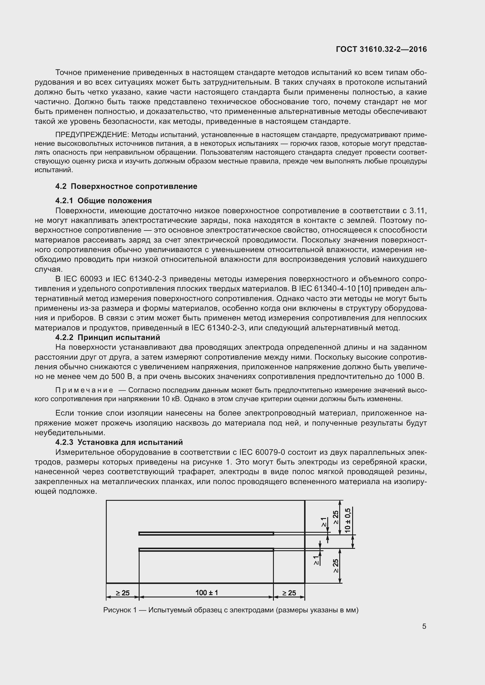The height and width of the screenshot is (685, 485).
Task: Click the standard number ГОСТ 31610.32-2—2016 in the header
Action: [x=381, y=49]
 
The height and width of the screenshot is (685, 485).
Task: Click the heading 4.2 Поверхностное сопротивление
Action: [x=126, y=187]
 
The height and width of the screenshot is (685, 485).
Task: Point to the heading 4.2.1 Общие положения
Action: [x=104, y=201]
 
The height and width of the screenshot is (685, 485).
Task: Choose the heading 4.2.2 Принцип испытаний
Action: [x=108, y=337]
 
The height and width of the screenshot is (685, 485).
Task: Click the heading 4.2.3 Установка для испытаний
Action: [x=119, y=442]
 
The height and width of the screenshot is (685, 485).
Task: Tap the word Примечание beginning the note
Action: [x=84, y=390]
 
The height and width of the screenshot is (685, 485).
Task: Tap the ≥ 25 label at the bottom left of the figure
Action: [x=123, y=593]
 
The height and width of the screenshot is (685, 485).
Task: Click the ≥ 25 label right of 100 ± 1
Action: [x=289, y=593]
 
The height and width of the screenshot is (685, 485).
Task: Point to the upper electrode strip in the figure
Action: [x=206, y=533]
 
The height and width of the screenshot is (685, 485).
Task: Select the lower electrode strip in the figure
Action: [x=206, y=549]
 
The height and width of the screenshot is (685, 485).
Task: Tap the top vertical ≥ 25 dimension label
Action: [x=336, y=517]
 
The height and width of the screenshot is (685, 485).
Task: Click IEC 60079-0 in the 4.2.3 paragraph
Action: [x=260, y=452]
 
